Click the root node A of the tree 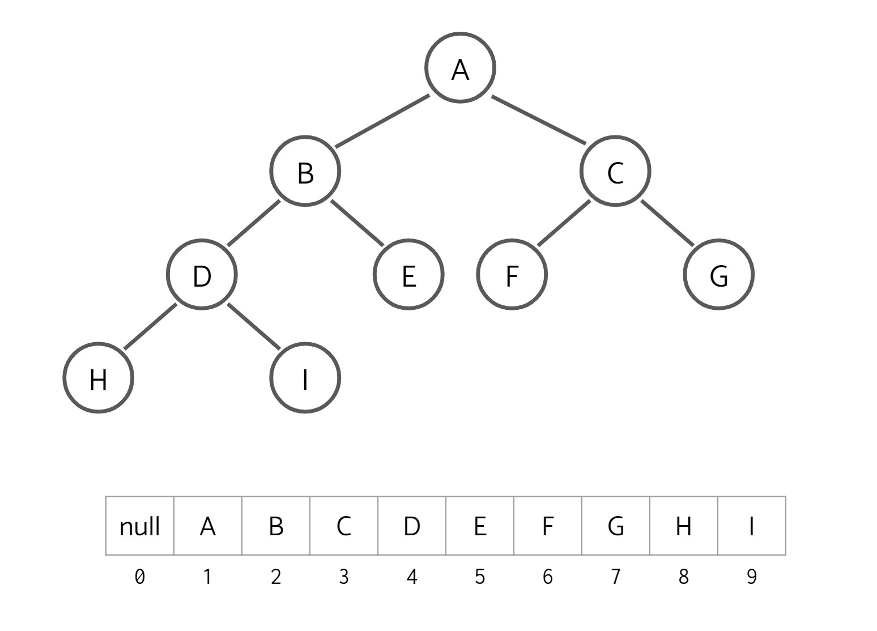460,68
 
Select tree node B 305,171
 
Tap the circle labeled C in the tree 615,171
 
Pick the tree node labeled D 202,275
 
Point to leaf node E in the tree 408,275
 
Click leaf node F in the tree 512,275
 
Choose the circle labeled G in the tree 718,275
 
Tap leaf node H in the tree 98,378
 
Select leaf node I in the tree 305,378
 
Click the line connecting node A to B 382,121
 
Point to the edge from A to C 538,120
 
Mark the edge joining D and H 150,327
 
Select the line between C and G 667,223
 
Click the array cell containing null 139,526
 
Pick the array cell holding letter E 480,526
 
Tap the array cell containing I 752,526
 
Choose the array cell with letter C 344,526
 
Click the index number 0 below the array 139,577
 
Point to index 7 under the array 616,577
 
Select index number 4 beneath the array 412,577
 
